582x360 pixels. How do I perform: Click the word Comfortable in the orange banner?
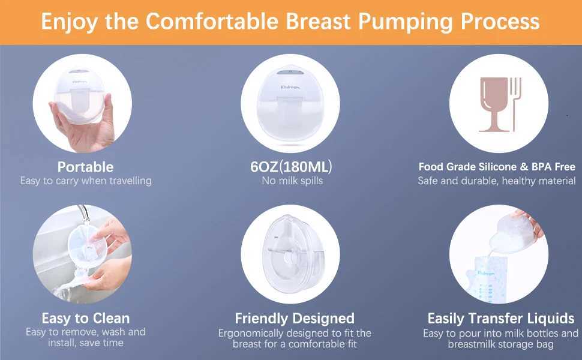pos(212,21)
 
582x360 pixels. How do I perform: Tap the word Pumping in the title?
pos(406,22)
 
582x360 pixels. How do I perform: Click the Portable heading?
pos(85,167)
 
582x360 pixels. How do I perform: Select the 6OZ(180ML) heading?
pos(291,167)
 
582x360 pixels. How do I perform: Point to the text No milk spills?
pos(292,181)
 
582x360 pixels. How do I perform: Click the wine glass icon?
pos(494,104)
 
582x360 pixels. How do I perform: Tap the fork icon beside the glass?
pos(515,104)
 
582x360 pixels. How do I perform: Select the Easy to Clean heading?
pos(86,319)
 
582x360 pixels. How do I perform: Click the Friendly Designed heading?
pos(295,319)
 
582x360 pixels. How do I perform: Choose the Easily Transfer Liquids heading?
pos(501,319)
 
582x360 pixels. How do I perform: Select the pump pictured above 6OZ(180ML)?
pos(290,103)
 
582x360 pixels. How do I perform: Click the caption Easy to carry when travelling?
pos(86,181)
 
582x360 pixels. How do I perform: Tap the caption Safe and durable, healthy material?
pos(497,181)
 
